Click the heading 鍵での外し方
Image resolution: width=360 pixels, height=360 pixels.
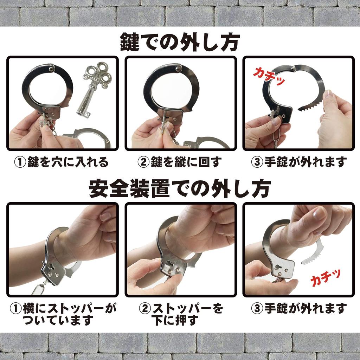point(180,43)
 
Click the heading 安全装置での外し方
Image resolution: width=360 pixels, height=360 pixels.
point(180,189)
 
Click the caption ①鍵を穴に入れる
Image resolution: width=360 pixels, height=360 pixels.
point(61,162)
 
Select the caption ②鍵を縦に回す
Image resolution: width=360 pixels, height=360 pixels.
point(180,162)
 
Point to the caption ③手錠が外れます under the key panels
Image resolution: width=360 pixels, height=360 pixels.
point(299,162)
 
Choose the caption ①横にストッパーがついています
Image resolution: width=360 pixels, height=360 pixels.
point(62,314)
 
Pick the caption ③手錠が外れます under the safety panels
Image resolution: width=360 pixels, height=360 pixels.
point(299,309)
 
